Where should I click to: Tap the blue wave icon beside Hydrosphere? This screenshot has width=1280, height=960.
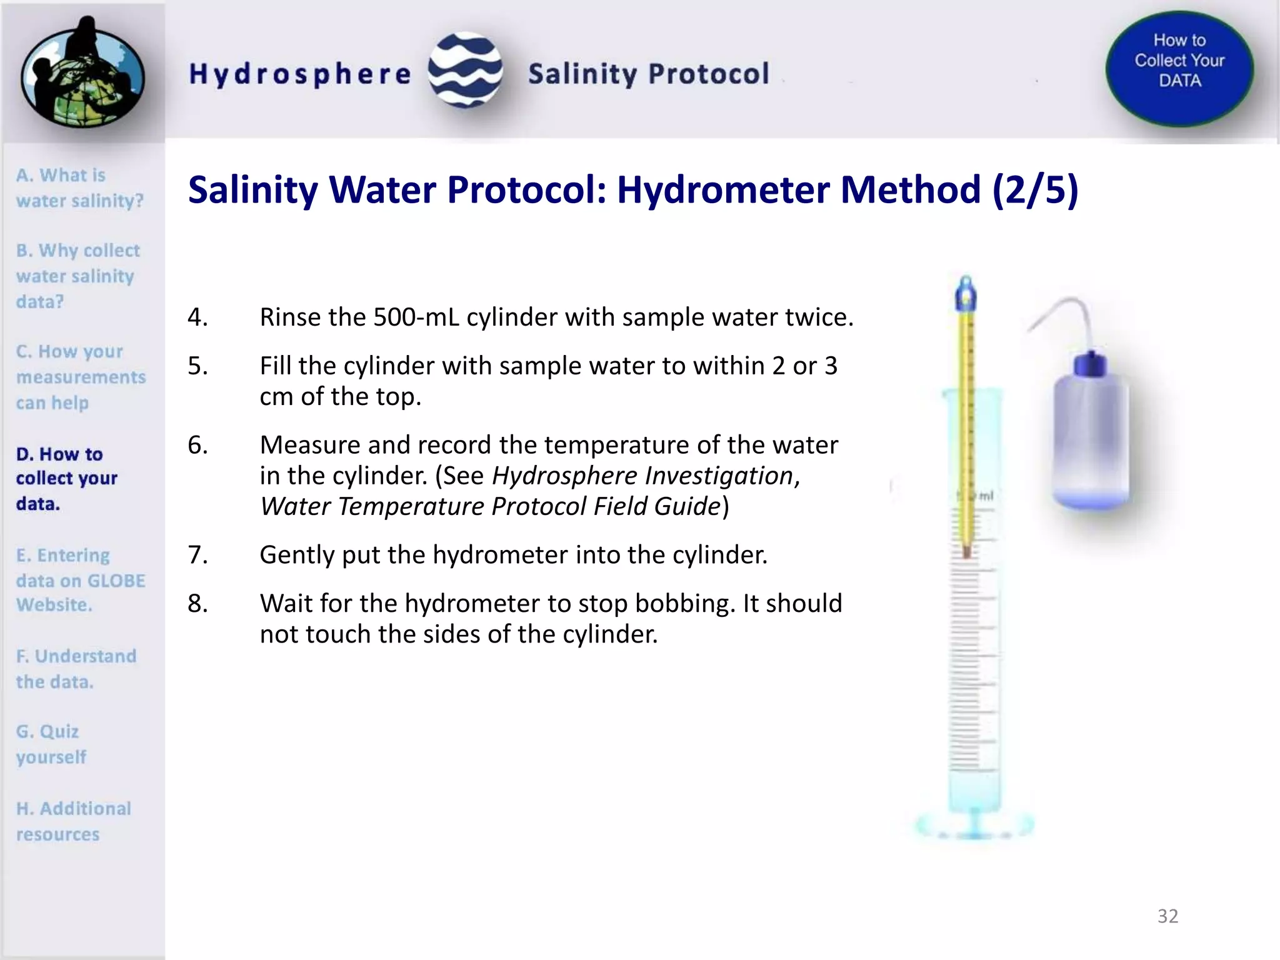click(466, 70)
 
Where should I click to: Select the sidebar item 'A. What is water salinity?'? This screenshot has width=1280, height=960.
click(79, 187)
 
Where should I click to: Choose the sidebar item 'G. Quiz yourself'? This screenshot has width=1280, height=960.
click(51, 744)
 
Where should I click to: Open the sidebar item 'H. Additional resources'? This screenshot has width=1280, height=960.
click(74, 821)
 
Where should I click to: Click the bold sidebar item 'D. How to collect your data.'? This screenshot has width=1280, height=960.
click(66, 478)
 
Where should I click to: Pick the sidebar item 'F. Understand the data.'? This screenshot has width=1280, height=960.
click(76, 668)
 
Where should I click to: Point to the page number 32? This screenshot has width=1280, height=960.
click(1167, 916)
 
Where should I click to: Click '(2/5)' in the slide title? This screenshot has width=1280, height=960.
click(1035, 189)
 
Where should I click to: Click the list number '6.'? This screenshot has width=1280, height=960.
click(197, 445)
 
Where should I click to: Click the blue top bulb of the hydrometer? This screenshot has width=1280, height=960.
click(966, 294)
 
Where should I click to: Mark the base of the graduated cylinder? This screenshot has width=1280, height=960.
click(974, 825)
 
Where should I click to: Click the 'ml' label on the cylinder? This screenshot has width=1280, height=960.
click(986, 496)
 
